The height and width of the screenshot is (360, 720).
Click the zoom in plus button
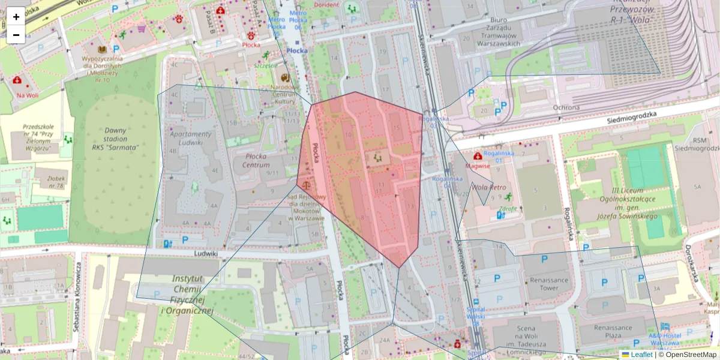[16, 16]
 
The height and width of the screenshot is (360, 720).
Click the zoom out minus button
[16, 35]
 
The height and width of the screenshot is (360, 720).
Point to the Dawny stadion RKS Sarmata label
[115, 139]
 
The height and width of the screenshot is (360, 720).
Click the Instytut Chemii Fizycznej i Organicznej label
[188, 295]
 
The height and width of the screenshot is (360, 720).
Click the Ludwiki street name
[205, 253]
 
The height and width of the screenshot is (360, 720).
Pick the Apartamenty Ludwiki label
[191, 138]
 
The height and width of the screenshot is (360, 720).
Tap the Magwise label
[478, 166]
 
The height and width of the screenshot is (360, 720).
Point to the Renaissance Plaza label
[613, 332]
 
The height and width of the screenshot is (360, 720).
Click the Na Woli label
[28, 95]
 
